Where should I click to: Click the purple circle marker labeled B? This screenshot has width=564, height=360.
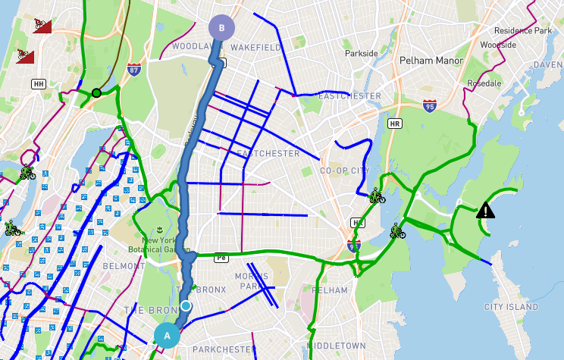[221, 28]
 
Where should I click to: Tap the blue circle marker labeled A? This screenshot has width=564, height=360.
[168, 335]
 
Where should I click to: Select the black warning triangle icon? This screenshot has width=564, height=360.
[485, 210]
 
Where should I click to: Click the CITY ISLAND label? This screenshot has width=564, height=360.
[511, 307]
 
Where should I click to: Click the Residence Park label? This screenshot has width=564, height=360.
[523, 31]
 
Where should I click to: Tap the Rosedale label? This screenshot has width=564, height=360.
[486, 83]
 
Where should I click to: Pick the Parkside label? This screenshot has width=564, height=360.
[361, 54]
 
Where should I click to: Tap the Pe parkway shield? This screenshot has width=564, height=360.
[221, 257]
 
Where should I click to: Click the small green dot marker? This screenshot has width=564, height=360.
[96, 93]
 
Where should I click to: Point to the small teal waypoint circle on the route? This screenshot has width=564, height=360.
[186, 306]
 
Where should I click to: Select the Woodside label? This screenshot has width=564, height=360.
[498, 45]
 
